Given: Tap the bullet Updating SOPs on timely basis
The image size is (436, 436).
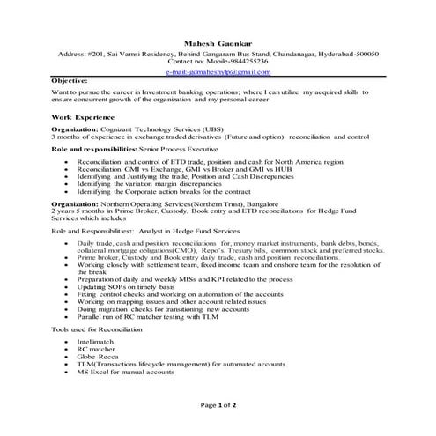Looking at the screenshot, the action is tap(122, 287).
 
